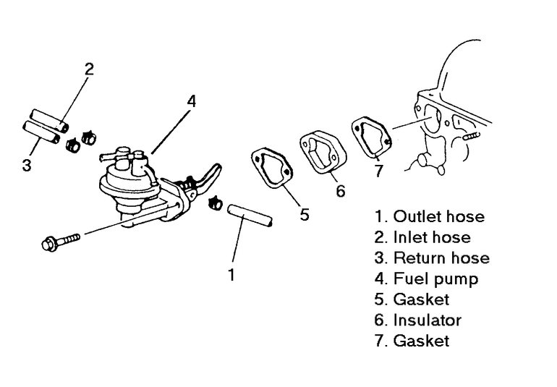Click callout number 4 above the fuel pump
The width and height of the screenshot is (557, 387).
(192, 102)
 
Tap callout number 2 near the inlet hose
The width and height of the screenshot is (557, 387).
(89, 69)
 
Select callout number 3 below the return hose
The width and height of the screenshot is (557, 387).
(27, 165)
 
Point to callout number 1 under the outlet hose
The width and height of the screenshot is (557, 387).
(231, 275)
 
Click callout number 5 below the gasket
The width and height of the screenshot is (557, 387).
(305, 214)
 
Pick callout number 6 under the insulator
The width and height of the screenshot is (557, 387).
(340, 191)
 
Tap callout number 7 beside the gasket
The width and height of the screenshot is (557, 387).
(379, 171)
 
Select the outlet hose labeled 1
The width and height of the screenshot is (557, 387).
(250, 215)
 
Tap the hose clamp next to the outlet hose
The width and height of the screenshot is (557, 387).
(215, 203)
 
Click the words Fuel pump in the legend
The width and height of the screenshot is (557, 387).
(436, 279)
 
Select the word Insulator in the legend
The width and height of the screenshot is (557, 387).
(428, 320)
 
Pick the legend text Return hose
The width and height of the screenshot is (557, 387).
(441, 258)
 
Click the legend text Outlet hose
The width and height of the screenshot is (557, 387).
(439, 216)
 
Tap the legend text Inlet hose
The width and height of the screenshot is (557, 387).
(432, 237)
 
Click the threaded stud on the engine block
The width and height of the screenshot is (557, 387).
(472, 135)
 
